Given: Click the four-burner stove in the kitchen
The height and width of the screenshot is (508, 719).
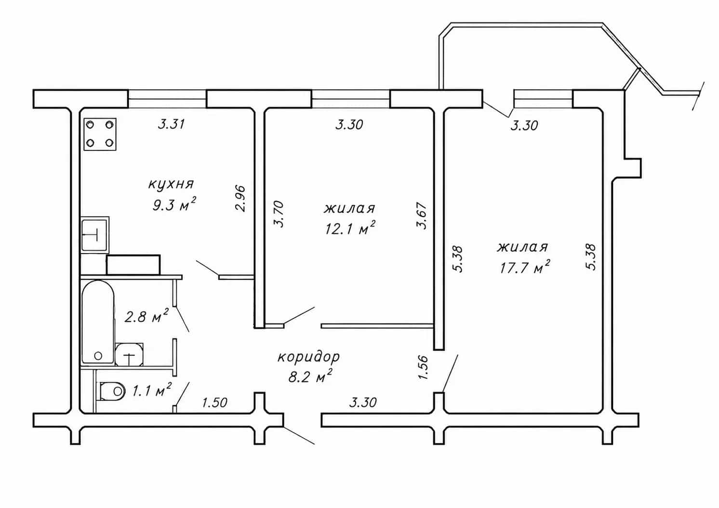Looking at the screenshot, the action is pos(100,134).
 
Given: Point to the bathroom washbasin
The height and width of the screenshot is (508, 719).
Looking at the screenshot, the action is pos(129,355).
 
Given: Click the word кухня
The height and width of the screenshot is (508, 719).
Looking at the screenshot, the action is pos(171,185).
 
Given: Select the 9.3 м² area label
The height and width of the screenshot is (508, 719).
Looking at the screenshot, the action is pos(174,204).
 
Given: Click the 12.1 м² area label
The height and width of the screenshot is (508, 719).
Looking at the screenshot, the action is pos(350,228).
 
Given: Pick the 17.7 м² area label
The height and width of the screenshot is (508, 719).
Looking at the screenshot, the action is pos(524,267).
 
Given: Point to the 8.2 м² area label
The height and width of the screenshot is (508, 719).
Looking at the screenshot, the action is pos(310,376).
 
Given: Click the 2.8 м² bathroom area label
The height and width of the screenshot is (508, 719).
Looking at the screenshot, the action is pos(146,317).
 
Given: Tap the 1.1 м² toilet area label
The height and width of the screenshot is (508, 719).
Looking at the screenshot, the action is pos(152,390).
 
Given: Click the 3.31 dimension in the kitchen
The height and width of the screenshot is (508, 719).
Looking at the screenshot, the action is pos(172,124).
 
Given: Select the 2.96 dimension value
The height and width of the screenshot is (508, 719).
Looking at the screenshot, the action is pos(240,199).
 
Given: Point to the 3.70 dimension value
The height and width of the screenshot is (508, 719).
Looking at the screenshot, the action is pos(279,214).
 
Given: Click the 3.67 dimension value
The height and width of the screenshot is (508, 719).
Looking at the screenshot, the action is pos(422,215).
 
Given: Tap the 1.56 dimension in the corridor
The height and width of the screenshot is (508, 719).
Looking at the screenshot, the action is pos(424,367).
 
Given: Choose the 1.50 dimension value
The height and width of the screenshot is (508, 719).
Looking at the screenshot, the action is pos(215,402).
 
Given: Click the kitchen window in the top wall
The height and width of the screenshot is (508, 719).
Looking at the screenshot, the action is pos(167,99).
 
